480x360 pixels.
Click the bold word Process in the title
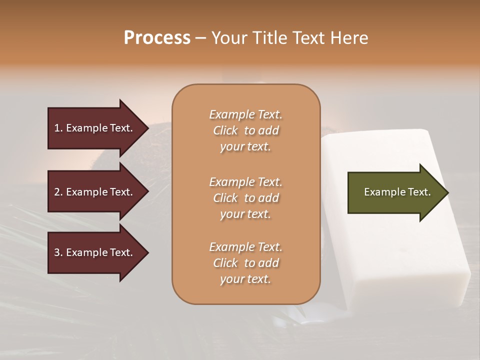157,38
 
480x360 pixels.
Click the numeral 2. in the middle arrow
58,192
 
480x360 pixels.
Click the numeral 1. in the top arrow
58,128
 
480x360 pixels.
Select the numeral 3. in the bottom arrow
58,252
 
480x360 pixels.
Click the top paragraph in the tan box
245,130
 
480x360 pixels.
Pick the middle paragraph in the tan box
245,197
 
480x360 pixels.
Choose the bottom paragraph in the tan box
245,263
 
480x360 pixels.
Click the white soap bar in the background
395,250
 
